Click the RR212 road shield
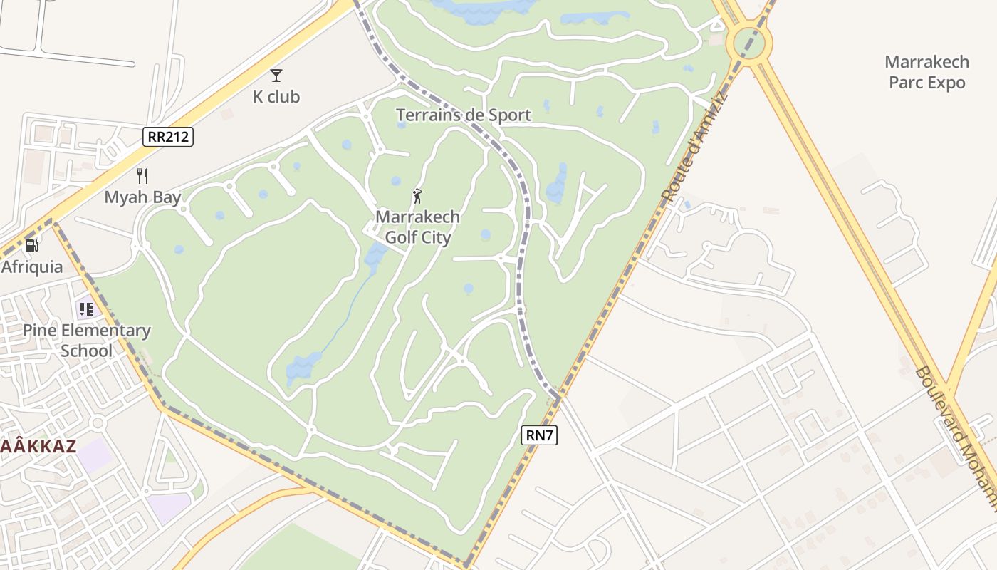coord(168,136)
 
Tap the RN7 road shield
coord(539,435)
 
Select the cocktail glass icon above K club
coord(276,76)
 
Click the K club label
coord(276,96)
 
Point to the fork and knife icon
coord(142,176)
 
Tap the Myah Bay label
coord(142,197)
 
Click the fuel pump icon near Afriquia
coord(32,245)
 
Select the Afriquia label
coord(32,266)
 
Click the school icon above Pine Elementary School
coord(86,309)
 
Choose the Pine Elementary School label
coord(86,341)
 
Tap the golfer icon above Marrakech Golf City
coord(417,196)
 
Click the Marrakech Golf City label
coord(417,227)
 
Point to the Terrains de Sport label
coord(463,115)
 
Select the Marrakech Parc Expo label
coord(926,72)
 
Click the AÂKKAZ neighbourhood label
coord(38,447)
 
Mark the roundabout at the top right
coord(748,43)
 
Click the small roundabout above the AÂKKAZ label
coord(98,423)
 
